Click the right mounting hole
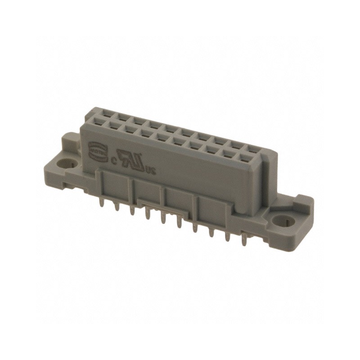(283, 221)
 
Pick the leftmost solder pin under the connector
(100, 204)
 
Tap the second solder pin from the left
(116, 208)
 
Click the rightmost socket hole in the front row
(245, 158)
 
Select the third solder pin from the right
(211, 234)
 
